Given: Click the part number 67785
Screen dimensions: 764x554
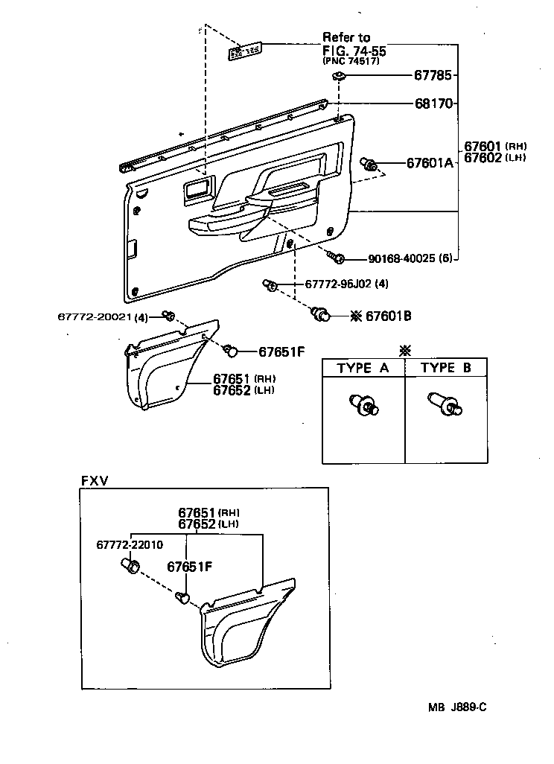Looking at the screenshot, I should coord(433,76).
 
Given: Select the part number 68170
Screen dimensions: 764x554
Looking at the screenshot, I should coord(433,104).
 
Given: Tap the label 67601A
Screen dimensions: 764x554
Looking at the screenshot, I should coord(430,163).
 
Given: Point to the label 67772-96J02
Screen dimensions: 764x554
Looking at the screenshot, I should coord(337,284).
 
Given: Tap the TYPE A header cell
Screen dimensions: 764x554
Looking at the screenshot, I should coord(363,368).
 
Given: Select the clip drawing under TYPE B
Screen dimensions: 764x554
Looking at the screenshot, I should coord(445,405).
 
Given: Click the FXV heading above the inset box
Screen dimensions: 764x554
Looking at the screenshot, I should coord(94,480).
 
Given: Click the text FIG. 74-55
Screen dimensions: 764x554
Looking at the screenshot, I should coord(354,50).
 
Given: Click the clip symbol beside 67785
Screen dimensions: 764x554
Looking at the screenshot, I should coord(340,76).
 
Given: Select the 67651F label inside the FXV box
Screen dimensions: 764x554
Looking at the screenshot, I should coord(190,567).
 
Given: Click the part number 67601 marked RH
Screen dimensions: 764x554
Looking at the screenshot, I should coord(483,146).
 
